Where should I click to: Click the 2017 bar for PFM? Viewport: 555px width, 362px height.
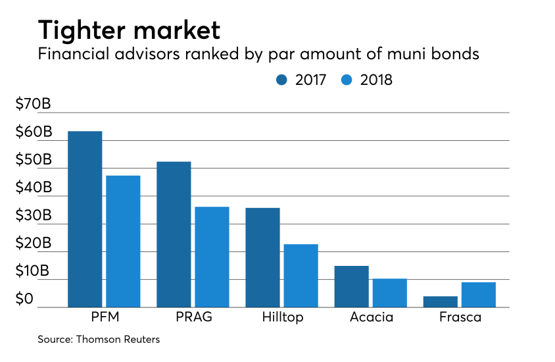[x=85, y=219]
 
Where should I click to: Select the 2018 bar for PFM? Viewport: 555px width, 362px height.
[x=123, y=241]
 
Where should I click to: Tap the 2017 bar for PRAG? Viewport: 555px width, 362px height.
[x=174, y=234]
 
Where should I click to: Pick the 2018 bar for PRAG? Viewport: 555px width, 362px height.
[x=212, y=257]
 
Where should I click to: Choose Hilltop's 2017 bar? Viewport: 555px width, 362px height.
[x=262, y=257]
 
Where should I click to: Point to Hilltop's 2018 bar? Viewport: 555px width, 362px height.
[x=301, y=276]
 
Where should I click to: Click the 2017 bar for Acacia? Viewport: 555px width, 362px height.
[x=351, y=286]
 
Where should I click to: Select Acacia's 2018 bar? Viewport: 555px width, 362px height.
[x=390, y=293]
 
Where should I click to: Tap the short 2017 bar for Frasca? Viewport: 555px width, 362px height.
[x=441, y=302]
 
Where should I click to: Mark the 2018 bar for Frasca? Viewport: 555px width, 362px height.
[x=479, y=295]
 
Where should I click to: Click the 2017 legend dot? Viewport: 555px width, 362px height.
[x=281, y=80]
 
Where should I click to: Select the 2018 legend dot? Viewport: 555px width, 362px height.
[x=347, y=80]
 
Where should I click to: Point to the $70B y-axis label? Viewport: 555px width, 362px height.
[x=34, y=104]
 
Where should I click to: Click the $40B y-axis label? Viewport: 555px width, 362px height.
[x=34, y=188]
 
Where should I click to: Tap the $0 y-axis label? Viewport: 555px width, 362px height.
[x=24, y=299]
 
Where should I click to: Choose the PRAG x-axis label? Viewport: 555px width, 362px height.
[x=194, y=317]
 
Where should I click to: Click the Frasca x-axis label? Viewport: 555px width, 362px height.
[x=460, y=317]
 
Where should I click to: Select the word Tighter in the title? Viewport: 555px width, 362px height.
[x=82, y=30]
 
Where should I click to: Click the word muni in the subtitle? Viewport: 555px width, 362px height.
[x=406, y=54]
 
